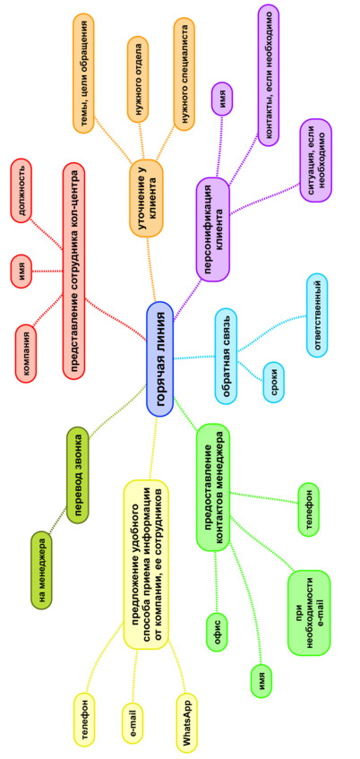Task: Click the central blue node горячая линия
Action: coord(159,358)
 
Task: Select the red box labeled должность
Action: coord(21,193)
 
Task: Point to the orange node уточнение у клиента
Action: coord(146,198)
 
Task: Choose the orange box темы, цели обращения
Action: coord(83,73)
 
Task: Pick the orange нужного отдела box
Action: coord(139,79)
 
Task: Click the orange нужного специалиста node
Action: coord(184,74)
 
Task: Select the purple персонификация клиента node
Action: coord(213,229)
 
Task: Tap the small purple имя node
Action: coord(222,99)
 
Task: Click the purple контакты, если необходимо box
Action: coord(269,75)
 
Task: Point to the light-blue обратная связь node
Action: coord(227,357)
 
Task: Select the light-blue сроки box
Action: coord(273,382)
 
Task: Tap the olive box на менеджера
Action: coord(41,570)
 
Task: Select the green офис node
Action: coord(217,632)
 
